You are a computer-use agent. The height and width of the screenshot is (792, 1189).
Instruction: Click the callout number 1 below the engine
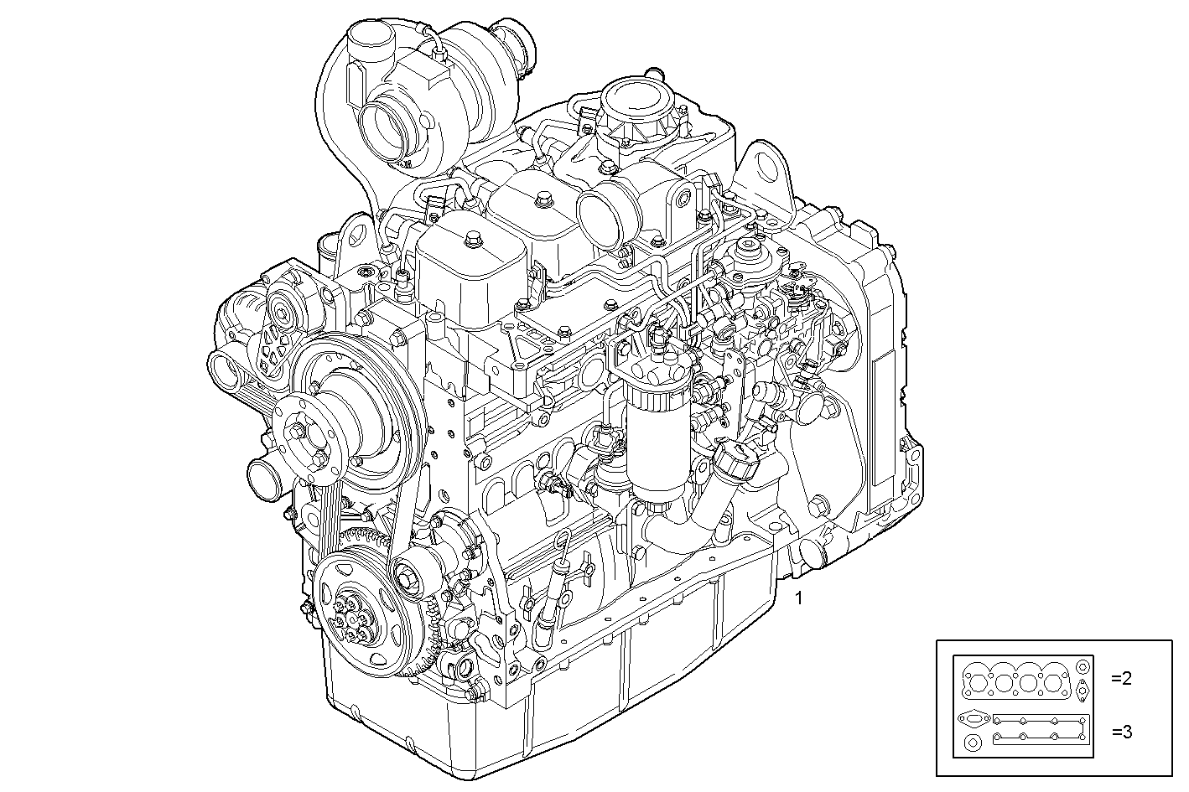(x=798, y=598)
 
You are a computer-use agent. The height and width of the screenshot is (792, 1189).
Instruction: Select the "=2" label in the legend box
(x=1122, y=678)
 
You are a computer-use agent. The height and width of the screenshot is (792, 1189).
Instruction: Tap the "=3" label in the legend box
(x=1122, y=732)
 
